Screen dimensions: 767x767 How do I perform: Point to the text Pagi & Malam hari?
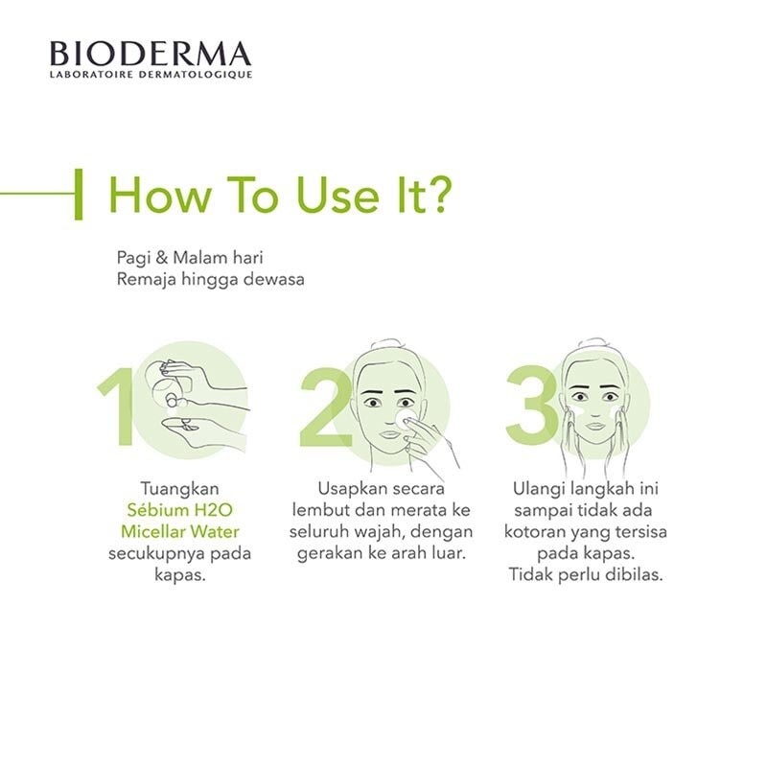pyautogui.click(x=190, y=260)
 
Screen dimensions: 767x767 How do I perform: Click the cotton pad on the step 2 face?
pyautogui.click(x=404, y=419)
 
